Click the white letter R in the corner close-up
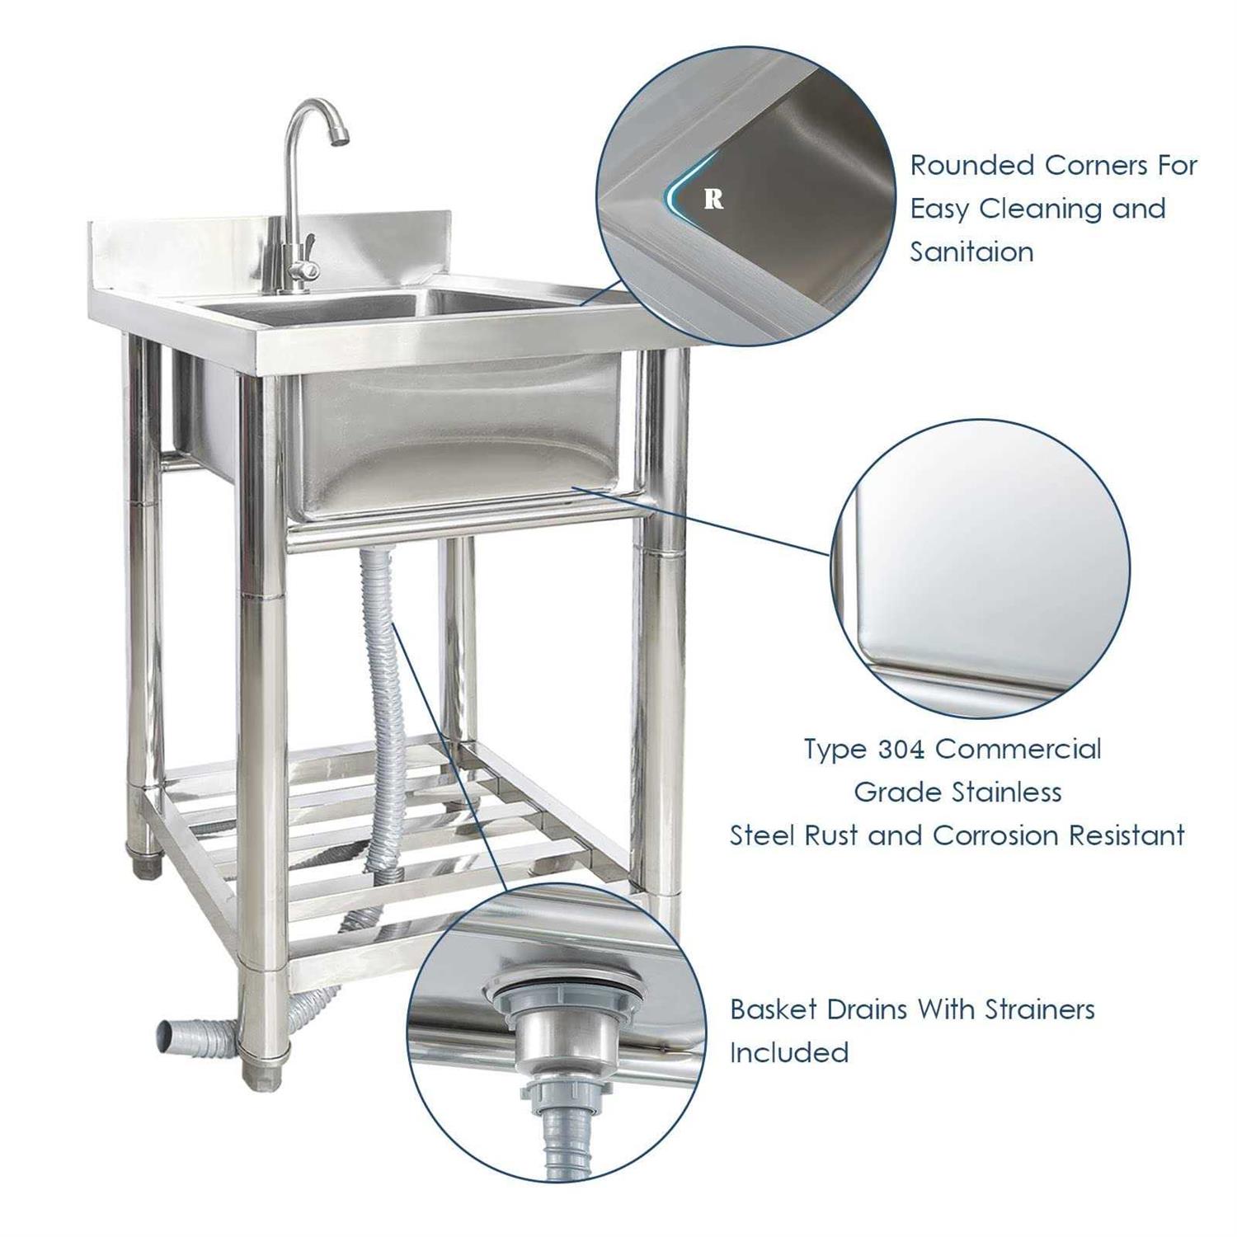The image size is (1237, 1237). (x=714, y=199)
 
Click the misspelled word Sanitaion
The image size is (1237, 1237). (x=971, y=252)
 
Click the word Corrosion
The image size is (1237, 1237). (x=995, y=835)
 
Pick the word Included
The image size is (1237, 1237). (x=789, y=1053)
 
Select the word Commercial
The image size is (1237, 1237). (x=1018, y=750)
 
